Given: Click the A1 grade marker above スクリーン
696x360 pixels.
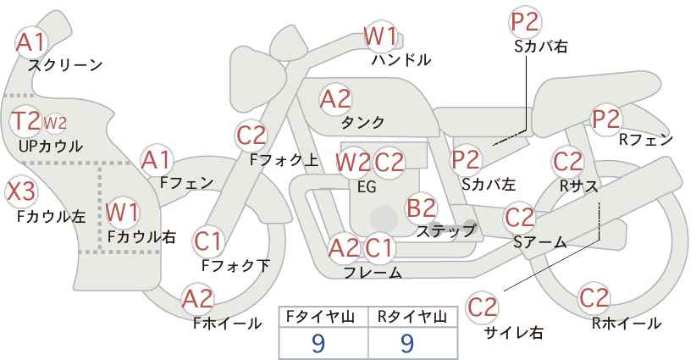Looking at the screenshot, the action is point(30,42).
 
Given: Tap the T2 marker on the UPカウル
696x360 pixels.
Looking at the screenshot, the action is point(25,121).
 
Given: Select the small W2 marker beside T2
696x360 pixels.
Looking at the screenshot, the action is point(55,123).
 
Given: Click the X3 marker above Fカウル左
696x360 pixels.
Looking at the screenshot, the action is point(20,192).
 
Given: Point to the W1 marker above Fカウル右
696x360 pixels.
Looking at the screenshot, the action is point(123,212).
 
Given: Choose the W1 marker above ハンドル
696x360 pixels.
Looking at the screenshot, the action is point(380,36).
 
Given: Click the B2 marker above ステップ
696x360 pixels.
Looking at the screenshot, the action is point(421,208).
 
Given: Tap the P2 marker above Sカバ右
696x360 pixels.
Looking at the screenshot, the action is point(525,22).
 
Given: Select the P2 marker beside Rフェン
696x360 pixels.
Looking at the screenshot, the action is point(606,119).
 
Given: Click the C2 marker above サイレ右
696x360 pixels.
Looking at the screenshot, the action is point(482,307).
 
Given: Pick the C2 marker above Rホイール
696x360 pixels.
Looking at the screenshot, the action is point(594,298).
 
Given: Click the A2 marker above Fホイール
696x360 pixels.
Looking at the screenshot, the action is point(198,299).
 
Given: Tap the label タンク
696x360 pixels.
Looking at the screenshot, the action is point(362,123).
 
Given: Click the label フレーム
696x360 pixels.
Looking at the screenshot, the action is point(373,273).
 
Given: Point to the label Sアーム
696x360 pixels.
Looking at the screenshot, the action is point(539,242).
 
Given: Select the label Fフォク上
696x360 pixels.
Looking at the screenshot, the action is point(284,160).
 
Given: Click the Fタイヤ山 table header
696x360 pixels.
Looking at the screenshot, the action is point(320,317).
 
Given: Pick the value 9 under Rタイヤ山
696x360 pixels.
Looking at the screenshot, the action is point(407,343).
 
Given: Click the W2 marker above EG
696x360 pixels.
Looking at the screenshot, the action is point(353,163).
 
